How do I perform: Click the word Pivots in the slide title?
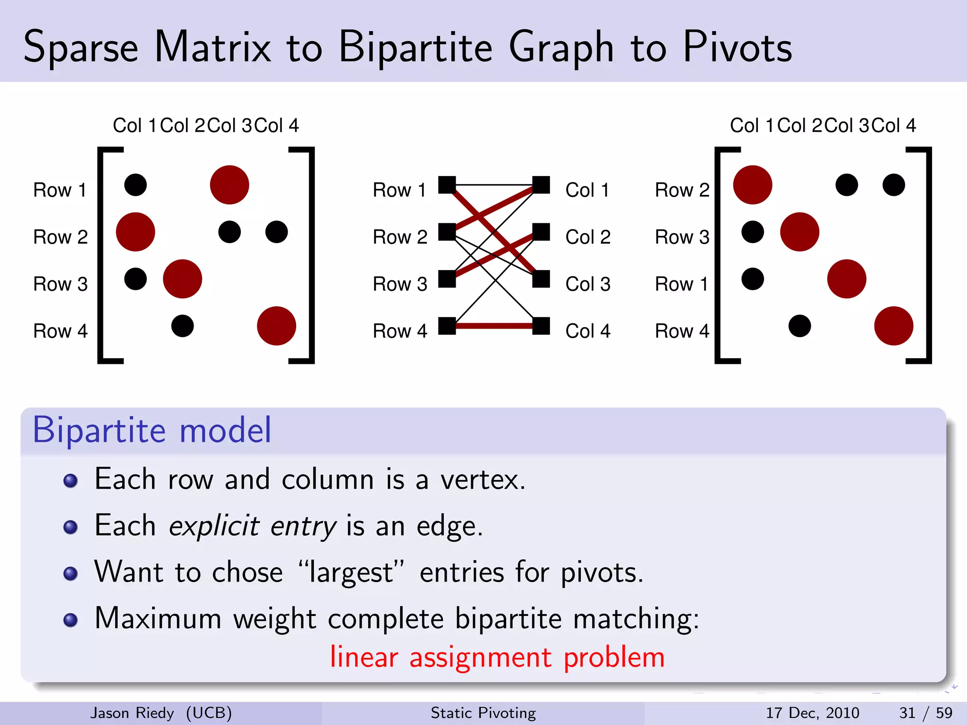click(x=737, y=47)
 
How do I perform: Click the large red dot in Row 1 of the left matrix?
click(x=229, y=185)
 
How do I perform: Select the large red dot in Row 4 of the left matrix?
click(x=276, y=326)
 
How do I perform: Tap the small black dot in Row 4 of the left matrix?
click(x=182, y=326)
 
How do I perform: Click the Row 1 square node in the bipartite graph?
click(x=447, y=185)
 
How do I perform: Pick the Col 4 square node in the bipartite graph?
click(x=541, y=326)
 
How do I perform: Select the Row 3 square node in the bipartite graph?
click(x=447, y=279)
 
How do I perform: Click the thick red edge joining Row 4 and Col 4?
click(x=494, y=326)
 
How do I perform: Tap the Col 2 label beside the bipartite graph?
click(x=588, y=237)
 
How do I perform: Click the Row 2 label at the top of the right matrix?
click(x=682, y=190)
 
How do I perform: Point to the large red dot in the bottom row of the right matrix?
click(x=893, y=326)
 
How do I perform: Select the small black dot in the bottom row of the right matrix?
click(x=799, y=326)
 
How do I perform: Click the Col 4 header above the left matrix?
click(x=277, y=126)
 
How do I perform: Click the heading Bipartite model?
click(x=152, y=430)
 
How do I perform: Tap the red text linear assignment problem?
click(x=497, y=657)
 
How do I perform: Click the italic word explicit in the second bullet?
click(x=214, y=526)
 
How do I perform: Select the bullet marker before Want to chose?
click(x=70, y=573)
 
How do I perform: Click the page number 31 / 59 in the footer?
click(x=925, y=713)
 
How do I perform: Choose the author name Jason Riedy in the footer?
click(x=132, y=713)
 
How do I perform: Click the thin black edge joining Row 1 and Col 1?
click(x=494, y=185)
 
